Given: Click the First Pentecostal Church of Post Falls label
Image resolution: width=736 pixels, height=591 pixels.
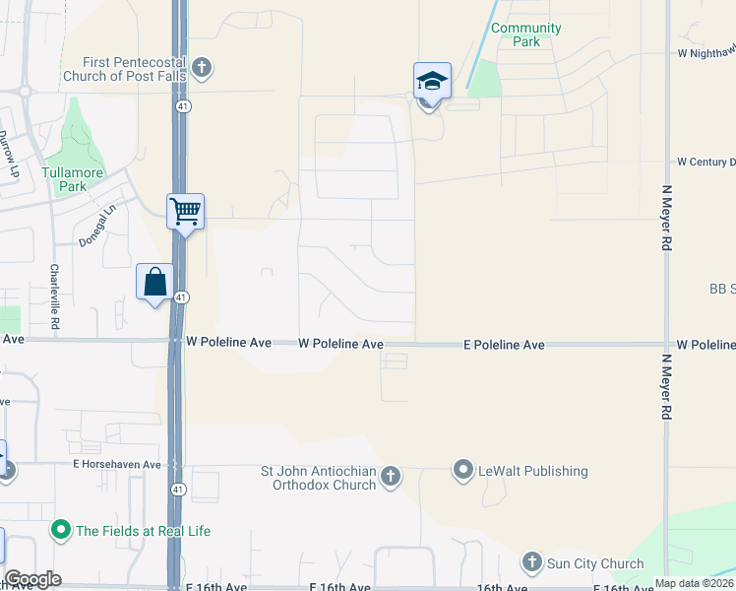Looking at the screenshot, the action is click(124, 68).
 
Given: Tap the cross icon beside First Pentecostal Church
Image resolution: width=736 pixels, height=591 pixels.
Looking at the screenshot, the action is click(202, 68).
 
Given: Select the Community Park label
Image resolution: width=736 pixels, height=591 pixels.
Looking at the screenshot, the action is click(526, 34).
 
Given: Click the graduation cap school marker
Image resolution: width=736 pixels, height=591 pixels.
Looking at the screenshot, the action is click(432, 80).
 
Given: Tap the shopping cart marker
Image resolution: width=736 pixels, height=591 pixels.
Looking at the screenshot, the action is click(185, 211).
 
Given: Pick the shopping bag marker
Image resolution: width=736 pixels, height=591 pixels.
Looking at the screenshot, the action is click(155, 282).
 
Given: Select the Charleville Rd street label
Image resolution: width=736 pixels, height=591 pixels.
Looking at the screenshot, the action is click(55, 295).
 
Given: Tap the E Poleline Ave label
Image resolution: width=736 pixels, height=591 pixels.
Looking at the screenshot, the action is click(505, 346).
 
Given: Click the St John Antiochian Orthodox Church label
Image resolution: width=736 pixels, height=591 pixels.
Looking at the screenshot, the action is click(318, 478).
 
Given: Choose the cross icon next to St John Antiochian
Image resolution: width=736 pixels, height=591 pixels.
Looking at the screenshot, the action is click(390, 478).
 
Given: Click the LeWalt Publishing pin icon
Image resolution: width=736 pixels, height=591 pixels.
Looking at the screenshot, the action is click(463, 471).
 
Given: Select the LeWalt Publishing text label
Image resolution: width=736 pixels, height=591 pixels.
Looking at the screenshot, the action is click(533, 471).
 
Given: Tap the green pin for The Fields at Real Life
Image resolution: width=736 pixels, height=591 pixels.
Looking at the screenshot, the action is click(61, 531).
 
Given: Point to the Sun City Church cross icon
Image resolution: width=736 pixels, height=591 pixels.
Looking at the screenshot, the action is click(532, 563).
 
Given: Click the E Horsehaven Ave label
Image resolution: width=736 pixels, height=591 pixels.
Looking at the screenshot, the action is click(116, 464).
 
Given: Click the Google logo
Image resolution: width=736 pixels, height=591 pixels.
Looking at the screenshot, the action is click(32, 579).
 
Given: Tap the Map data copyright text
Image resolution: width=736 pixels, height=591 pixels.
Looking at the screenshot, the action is click(694, 583).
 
